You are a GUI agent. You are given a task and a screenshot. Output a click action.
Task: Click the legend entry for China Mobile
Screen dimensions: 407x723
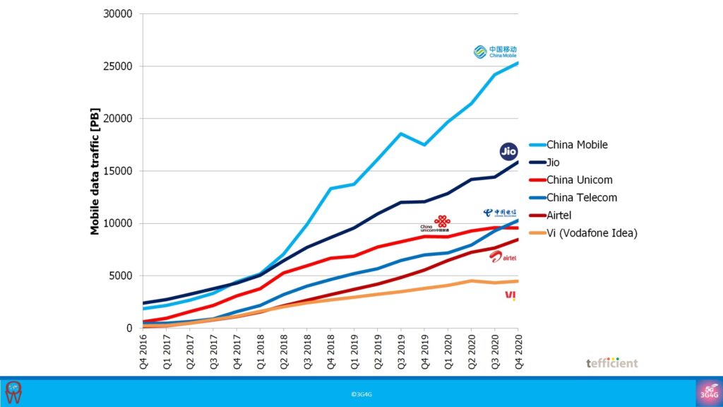coord(577,145)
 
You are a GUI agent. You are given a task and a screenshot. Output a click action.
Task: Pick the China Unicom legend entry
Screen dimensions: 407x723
coord(579,180)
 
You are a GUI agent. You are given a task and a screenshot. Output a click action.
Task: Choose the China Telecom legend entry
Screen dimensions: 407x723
coord(582,198)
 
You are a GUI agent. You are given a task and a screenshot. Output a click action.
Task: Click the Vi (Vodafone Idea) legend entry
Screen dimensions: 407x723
coord(592,233)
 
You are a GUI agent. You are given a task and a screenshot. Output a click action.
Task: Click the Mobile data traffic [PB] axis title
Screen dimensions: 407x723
coord(95,171)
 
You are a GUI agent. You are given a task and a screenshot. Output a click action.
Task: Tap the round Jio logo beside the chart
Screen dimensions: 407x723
coord(508,151)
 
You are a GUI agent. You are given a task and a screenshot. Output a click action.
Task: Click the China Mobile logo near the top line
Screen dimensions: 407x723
coord(500,52)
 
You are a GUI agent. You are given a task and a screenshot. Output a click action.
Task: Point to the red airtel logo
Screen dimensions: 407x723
coord(503,257)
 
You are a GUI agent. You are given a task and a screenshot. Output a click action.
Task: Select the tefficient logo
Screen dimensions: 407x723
coord(611,362)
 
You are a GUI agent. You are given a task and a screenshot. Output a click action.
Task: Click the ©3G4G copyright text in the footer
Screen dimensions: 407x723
coord(361,393)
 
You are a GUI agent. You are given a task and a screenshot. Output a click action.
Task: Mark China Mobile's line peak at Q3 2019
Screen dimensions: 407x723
coord(401,134)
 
